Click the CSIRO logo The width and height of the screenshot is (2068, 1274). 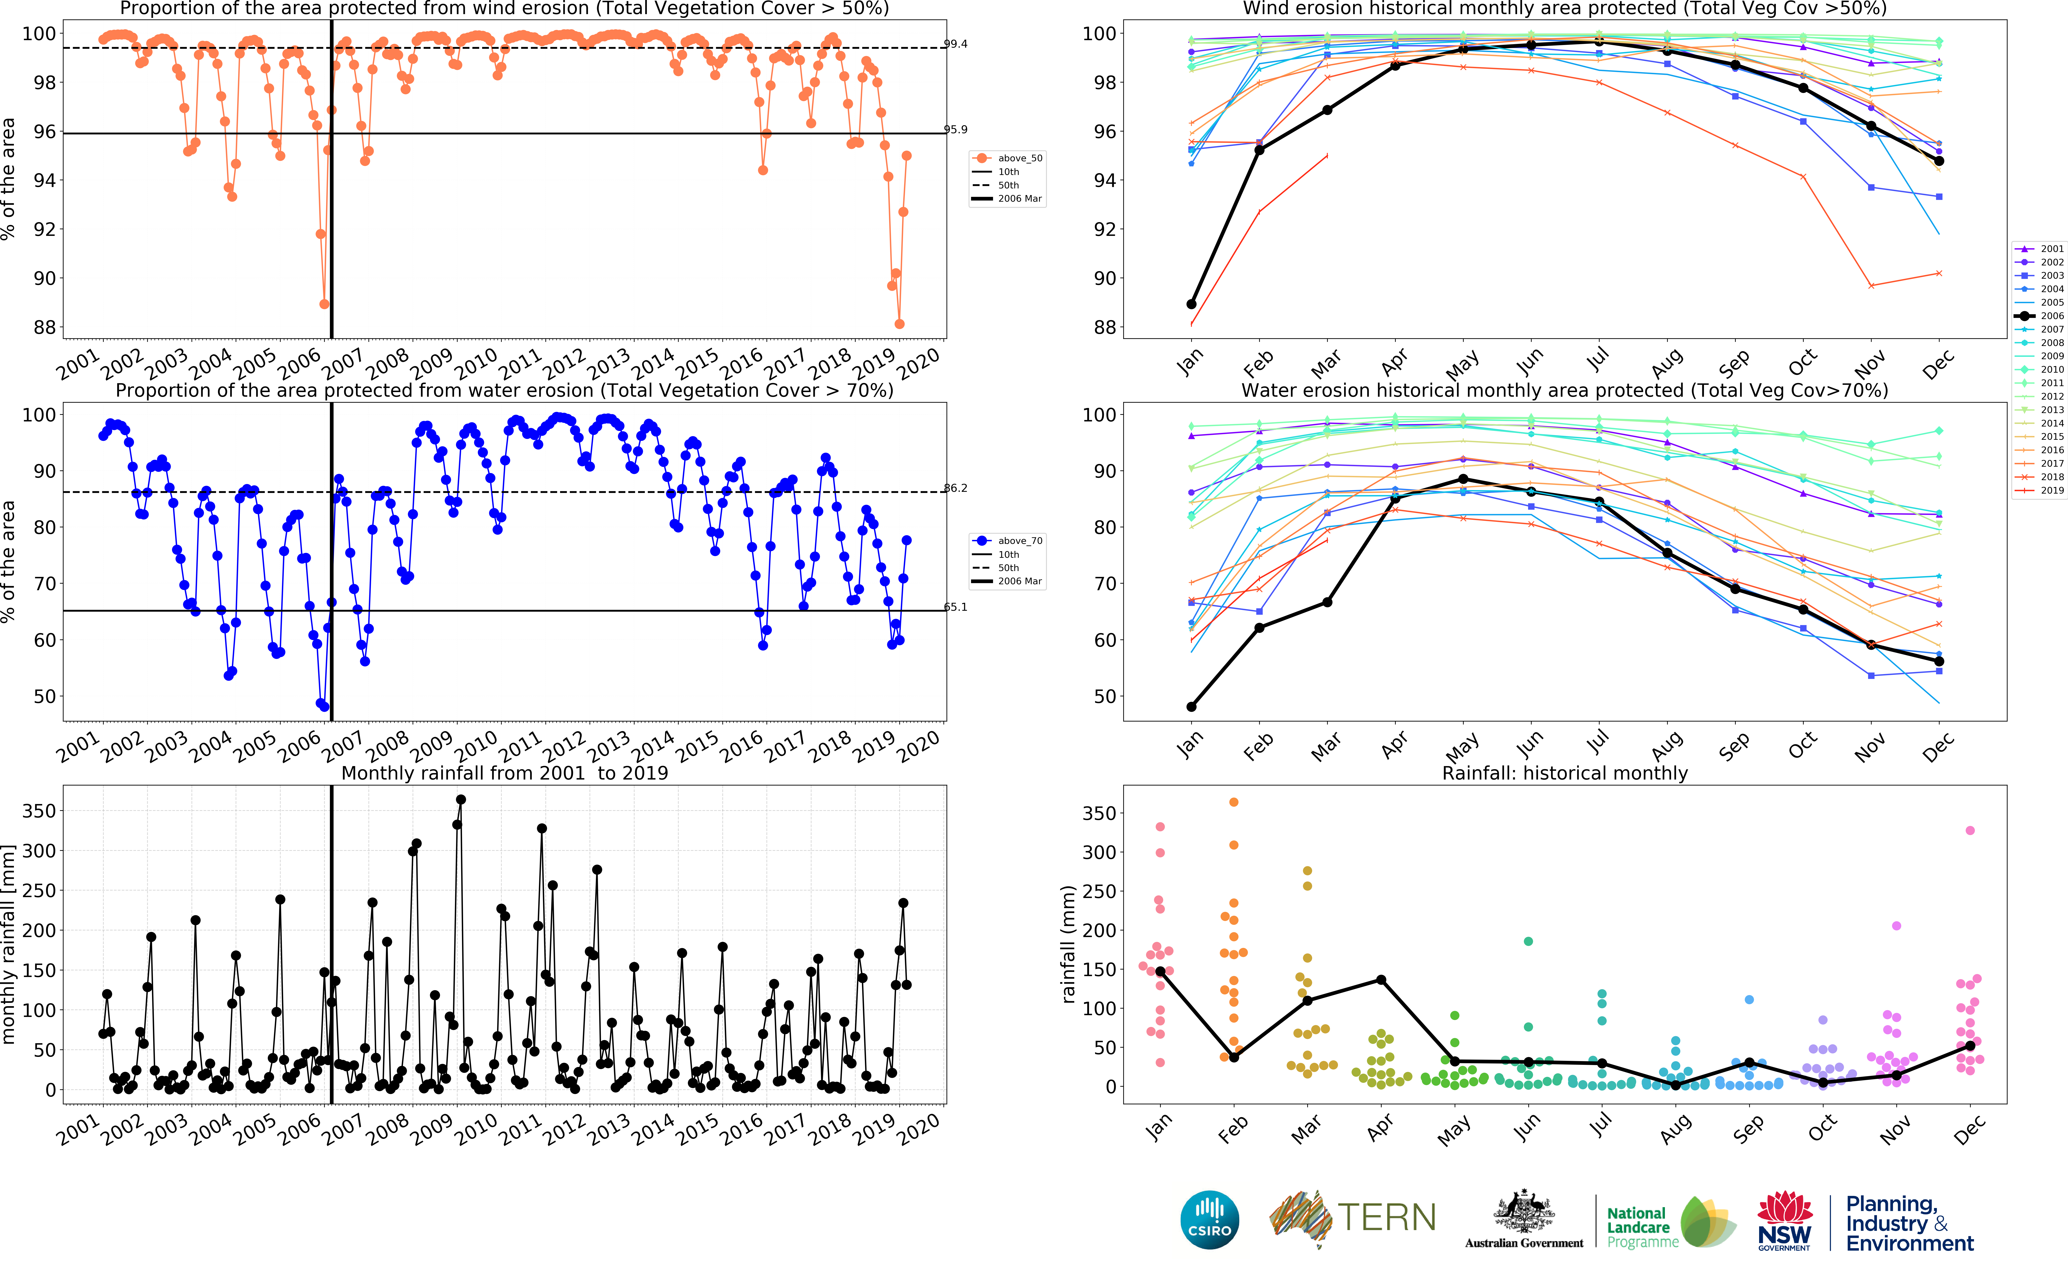[x=1210, y=1219]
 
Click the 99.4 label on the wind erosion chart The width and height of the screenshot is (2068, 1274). [x=955, y=44]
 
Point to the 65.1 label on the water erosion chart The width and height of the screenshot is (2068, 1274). [x=955, y=607]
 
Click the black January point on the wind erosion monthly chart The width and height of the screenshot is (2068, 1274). [x=1191, y=304]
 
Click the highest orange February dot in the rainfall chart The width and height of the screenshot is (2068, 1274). [x=1234, y=802]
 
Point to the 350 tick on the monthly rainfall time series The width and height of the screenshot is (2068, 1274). [x=39, y=811]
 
